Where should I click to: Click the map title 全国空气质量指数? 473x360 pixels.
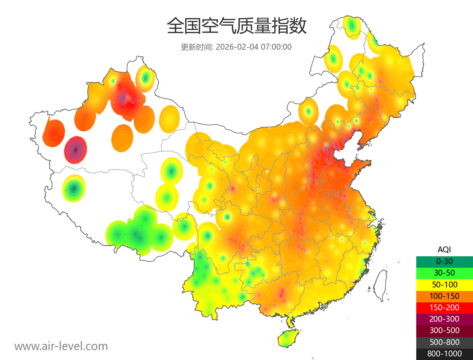pyautogui.click(x=236, y=26)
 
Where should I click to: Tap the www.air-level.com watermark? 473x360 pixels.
pyautogui.click(x=61, y=346)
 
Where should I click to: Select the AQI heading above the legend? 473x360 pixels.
pyautogui.click(x=444, y=249)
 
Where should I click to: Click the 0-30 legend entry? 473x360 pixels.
pyautogui.click(x=444, y=261)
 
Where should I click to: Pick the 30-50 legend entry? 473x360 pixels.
pyautogui.click(x=444, y=273)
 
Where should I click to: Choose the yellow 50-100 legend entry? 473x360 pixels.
pyautogui.click(x=444, y=284)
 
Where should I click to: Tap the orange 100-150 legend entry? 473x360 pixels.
pyautogui.click(x=444, y=296)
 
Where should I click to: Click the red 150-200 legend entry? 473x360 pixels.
pyautogui.click(x=444, y=308)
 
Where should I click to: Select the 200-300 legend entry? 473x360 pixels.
pyautogui.click(x=444, y=319)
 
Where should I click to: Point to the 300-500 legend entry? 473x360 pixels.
pyautogui.click(x=444, y=330)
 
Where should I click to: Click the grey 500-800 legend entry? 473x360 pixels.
pyautogui.click(x=444, y=342)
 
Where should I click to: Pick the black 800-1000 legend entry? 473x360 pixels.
pyautogui.click(x=444, y=354)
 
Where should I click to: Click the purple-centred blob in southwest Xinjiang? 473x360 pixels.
pyautogui.click(x=75, y=150)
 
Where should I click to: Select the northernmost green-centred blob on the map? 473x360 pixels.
pyautogui.click(x=352, y=26)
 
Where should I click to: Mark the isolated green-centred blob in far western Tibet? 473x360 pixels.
pyautogui.click(x=74, y=188)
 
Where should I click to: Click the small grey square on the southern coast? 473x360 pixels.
pyautogui.click(x=324, y=306)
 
